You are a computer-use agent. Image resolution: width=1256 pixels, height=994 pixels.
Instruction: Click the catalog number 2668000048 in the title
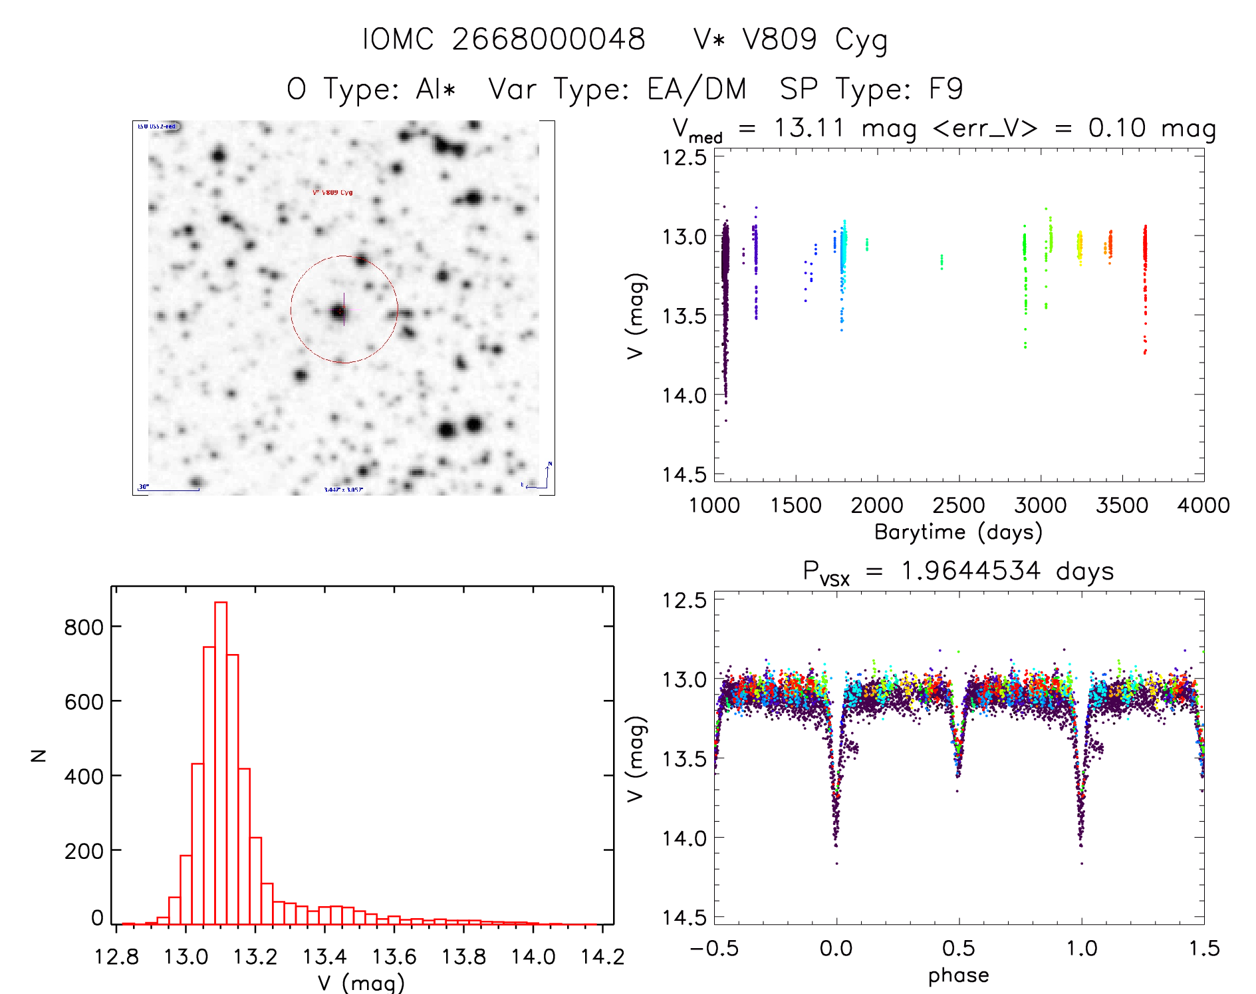[x=549, y=39]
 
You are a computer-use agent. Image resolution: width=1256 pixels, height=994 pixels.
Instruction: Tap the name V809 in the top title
[x=779, y=39]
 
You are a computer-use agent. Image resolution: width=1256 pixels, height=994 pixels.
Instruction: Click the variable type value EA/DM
[x=697, y=89]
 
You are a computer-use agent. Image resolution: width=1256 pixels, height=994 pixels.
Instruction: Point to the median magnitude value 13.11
[x=809, y=127]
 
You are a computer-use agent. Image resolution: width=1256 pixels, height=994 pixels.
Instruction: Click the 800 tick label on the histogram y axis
[x=84, y=627]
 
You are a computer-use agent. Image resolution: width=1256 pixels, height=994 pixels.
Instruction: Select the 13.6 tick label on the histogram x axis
[x=394, y=957]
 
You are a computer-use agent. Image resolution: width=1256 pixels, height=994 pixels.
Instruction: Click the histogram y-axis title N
[x=39, y=755]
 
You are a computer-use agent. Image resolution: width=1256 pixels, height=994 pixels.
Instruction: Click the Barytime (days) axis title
[x=958, y=532]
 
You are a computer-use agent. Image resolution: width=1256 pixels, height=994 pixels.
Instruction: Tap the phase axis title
[x=958, y=975]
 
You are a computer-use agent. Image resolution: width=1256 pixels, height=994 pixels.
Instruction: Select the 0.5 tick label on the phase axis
[x=958, y=948]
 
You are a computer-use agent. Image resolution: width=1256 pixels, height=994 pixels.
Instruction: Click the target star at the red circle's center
[x=340, y=311]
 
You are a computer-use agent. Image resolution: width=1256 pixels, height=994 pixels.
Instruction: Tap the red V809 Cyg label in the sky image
[x=332, y=193]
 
